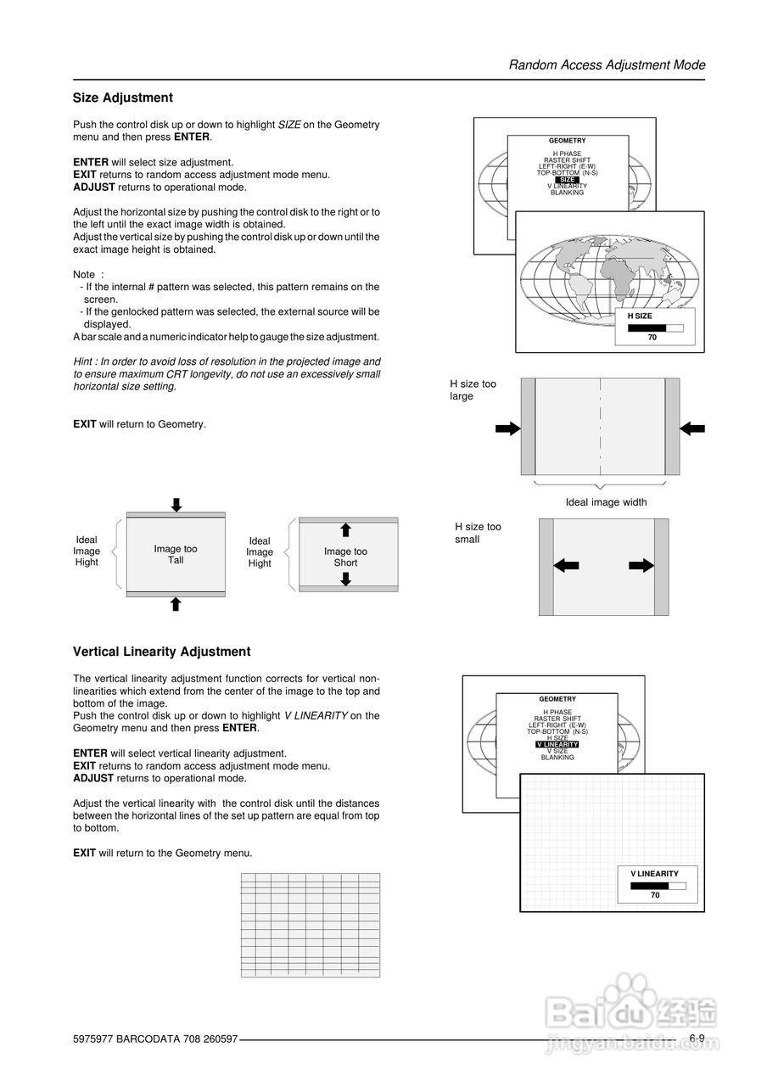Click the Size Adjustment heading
pos(122,98)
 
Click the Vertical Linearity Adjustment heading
pos(161,652)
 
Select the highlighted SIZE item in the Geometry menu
pos(567,180)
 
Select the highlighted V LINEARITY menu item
pos(557,744)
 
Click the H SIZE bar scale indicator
pos(655,327)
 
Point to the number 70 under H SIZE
pos(652,338)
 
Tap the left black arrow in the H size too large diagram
pos(507,428)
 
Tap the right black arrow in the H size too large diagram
pos(692,428)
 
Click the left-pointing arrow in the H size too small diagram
pos(566,566)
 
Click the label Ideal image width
pos(606,502)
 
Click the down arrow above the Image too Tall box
pos(176,505)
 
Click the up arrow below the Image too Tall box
pos(176,604)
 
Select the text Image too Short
pos(345,557)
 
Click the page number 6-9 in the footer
pos(697,1038)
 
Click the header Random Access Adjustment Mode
pos(607,64)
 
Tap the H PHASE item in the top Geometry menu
pos(567,154)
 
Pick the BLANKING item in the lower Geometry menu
pos(557,757)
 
